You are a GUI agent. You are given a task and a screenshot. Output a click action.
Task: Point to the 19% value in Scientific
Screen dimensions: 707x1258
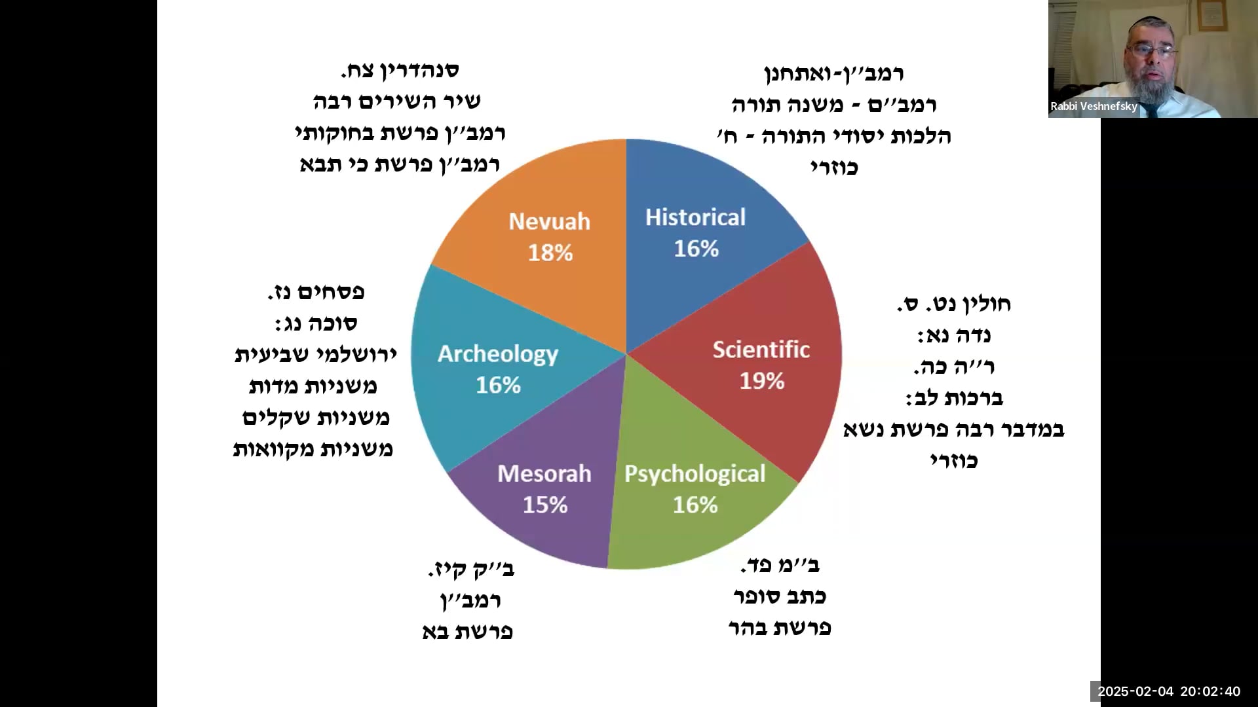[761, 381]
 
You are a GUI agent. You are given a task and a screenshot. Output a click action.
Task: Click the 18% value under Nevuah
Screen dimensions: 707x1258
[550, 253]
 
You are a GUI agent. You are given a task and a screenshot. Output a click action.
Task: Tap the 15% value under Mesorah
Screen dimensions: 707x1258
[544, 505]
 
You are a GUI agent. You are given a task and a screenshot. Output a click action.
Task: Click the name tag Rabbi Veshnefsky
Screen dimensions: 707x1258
[1094, 106]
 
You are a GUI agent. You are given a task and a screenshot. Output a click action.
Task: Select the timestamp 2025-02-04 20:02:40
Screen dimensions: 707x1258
[1168, 691]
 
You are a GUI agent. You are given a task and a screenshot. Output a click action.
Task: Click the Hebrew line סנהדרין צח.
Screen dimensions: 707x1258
[399, 70]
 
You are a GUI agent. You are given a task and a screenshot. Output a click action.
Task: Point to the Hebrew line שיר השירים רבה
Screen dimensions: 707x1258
[396, 101]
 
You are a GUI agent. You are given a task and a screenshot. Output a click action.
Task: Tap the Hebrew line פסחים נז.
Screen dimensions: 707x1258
[316, 292]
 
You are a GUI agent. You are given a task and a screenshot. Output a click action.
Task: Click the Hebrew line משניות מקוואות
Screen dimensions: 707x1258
[313, 449]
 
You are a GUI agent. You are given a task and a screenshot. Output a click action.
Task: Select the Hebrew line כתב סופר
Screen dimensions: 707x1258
[779, 596]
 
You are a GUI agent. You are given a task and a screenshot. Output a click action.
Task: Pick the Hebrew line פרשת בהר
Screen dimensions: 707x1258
[779, 628]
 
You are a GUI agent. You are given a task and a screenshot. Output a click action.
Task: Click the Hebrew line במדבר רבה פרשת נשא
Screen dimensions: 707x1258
[953, 429]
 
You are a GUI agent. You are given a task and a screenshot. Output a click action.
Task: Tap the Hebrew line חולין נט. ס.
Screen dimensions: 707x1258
[953, 304]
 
